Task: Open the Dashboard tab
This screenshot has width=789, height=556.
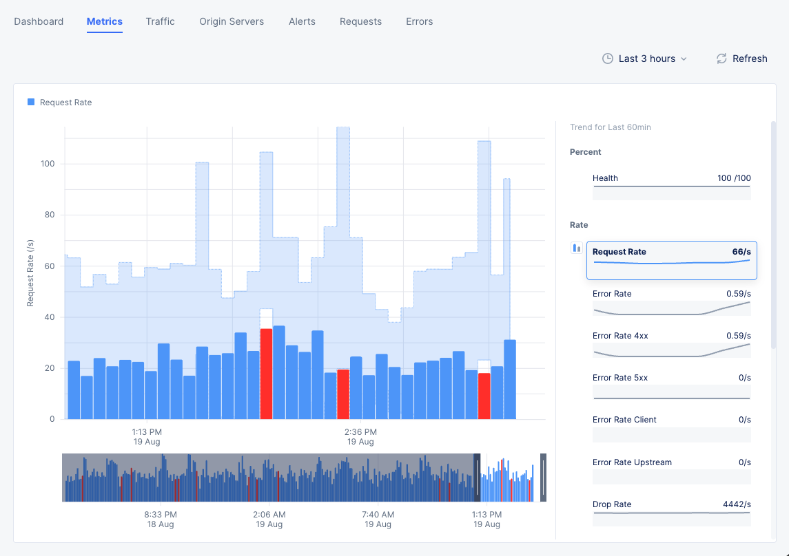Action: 39,21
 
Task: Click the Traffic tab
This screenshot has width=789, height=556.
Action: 160,21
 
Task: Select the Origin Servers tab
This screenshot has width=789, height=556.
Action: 232,21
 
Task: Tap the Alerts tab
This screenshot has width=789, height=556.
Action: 302,21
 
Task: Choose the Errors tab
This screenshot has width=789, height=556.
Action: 419,21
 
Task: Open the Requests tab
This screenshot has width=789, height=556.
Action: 360,21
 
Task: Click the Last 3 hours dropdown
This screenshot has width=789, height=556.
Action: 645,58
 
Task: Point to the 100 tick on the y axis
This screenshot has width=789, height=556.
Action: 48,164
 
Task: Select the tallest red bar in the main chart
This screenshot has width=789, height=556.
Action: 266,374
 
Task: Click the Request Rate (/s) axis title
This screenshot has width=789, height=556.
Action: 30,273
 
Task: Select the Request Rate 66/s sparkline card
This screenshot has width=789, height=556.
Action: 671,260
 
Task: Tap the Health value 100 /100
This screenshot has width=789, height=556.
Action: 734,178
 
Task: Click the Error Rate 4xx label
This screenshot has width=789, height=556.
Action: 620,336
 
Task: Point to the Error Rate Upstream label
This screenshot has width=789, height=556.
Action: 632,462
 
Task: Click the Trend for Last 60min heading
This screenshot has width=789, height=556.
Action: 611,127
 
